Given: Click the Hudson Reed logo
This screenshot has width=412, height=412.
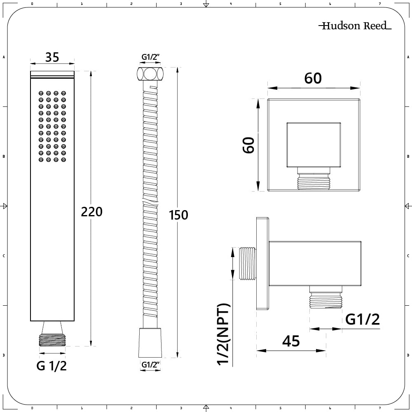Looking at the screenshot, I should pos(355,26).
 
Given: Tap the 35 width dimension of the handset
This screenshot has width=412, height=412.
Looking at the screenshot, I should pos(52,57).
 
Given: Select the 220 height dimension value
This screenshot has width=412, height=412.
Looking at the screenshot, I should pos(91,212).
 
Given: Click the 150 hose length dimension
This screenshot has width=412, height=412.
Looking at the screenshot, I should pos(178,215).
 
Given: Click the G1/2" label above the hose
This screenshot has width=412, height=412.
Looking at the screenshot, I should pos(150,57).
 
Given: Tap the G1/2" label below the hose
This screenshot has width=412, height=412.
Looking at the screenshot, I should pos(150,365).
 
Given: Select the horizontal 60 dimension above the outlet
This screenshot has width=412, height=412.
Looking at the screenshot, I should pos(313,78).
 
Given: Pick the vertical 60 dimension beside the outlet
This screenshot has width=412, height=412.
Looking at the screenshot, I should pos(249,145).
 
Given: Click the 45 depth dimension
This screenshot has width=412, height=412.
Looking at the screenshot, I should pos(291,341).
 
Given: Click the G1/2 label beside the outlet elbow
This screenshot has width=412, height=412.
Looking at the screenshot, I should pos(363,319).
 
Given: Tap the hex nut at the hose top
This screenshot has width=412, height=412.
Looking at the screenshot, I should pos(150,74).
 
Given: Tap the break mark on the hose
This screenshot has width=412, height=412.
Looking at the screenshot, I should pos(150,202).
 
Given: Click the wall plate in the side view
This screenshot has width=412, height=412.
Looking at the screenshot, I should pos(262,264).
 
